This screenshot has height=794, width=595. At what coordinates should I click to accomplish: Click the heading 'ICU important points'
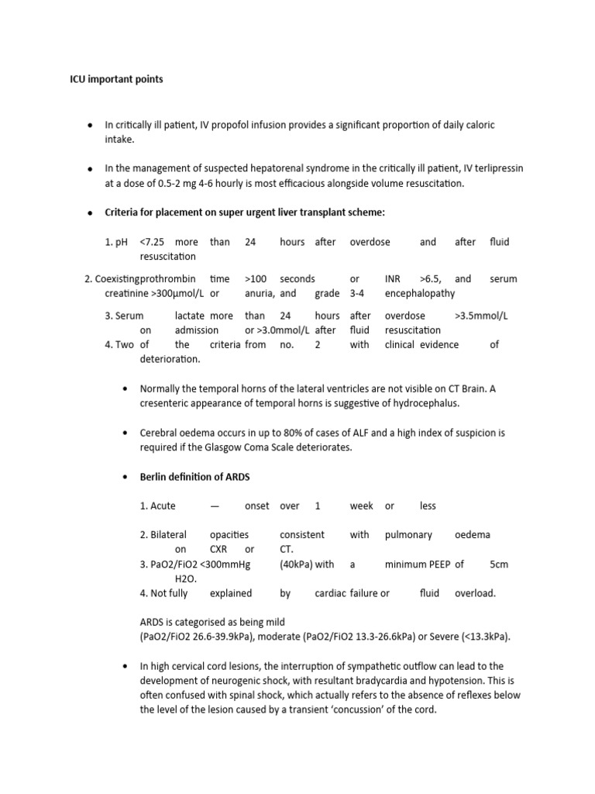coord(116,79)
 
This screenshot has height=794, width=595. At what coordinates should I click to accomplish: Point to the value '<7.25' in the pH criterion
coord(153,242)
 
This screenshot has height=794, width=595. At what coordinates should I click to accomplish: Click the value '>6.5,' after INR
coord(432,278)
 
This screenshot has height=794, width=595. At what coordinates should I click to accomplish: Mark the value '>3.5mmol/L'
coord(481,316)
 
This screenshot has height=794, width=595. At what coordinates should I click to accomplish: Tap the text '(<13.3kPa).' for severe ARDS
coord(483,637)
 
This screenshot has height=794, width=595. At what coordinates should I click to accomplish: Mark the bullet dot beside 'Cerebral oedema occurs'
coord(125,433)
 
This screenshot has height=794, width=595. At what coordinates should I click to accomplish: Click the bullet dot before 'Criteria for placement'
coord(89,212)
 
